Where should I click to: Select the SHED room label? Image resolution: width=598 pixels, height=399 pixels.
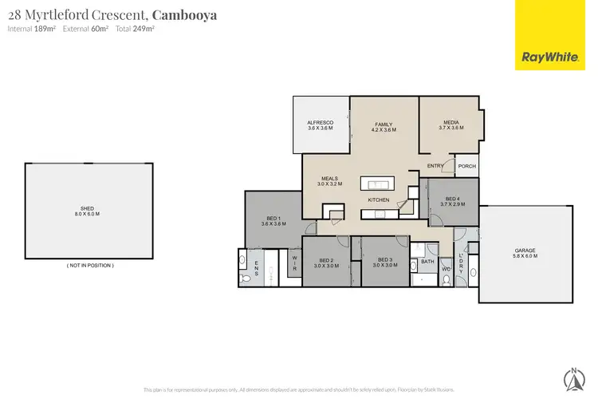coord(89,210)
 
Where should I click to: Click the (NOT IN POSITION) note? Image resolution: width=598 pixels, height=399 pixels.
coord(89,265)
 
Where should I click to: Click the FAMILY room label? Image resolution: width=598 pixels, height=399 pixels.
coord(385,125)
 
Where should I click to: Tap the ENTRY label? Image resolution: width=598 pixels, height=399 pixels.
coord(435,166)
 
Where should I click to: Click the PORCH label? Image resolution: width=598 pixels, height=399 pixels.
coord(466,166)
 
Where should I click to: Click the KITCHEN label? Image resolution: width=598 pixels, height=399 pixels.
coord(378,199)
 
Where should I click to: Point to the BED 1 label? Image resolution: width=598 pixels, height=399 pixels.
coord(273,221)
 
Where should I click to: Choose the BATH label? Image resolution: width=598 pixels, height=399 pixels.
coord(427,261)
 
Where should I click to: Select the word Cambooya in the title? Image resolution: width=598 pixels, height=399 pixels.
coord(185,14)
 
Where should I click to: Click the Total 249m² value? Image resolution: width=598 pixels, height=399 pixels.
coord(136,29)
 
